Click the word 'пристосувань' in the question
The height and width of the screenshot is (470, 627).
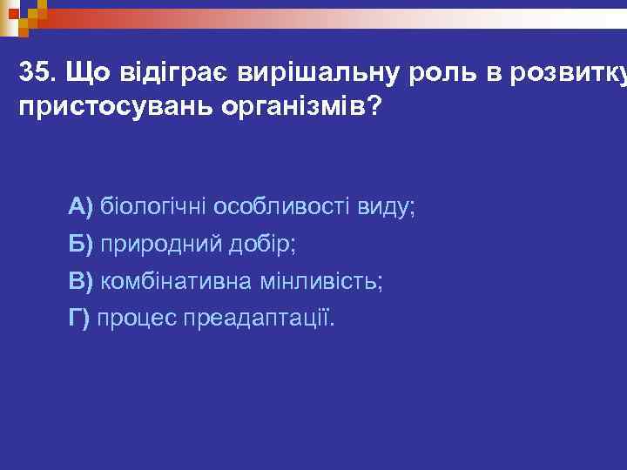point(101,108)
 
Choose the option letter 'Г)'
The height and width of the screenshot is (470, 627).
point(79,319)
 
